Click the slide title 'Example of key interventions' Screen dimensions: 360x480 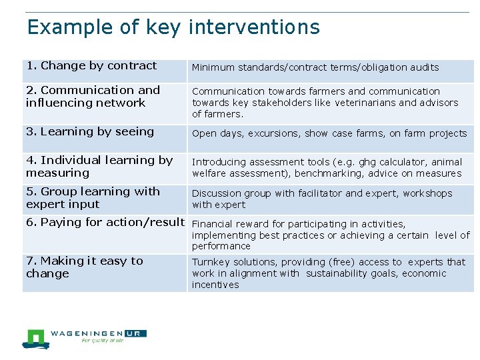point(173,27)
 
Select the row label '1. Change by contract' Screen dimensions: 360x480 point(91,65)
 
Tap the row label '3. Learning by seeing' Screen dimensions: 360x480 point(90,131)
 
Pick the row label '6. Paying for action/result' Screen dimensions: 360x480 point(105,222)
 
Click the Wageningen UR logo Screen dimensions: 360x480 point(83,337)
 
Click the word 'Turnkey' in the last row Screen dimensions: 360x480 point(210,262)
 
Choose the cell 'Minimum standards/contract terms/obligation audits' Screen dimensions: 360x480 point(315,67)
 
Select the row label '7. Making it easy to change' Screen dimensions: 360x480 point(85,267)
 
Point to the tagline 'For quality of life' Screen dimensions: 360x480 point(103,341)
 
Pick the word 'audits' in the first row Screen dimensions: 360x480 point(425,67)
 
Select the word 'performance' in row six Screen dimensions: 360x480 point(221,247)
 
